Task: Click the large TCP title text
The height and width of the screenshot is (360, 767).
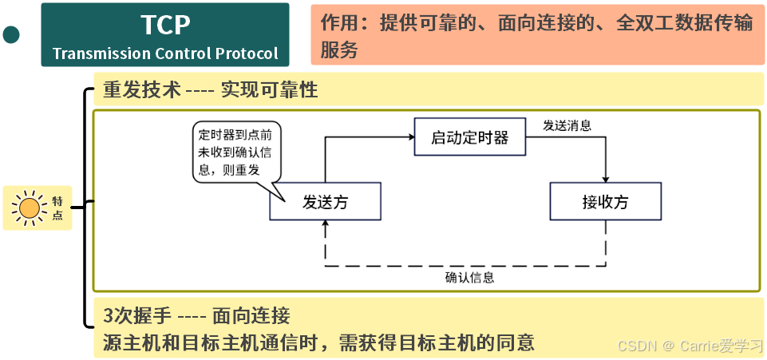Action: (165, 25)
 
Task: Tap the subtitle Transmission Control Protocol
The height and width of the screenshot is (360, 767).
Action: (165, 54)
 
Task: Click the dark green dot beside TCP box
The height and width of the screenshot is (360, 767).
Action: (11, 34)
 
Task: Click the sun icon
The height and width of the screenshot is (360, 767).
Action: (30, 208)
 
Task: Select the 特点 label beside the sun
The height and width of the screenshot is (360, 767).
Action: (57, 208)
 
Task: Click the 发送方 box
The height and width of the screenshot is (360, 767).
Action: (325, 202)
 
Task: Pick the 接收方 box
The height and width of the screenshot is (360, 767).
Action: (605, 202)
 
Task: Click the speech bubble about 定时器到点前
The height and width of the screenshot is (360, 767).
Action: (237, 152)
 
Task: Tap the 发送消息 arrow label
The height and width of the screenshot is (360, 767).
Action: (567, 125)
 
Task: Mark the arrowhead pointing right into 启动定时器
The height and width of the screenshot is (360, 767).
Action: (409, 137)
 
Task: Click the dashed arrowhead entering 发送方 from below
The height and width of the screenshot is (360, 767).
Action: (325, 226)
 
